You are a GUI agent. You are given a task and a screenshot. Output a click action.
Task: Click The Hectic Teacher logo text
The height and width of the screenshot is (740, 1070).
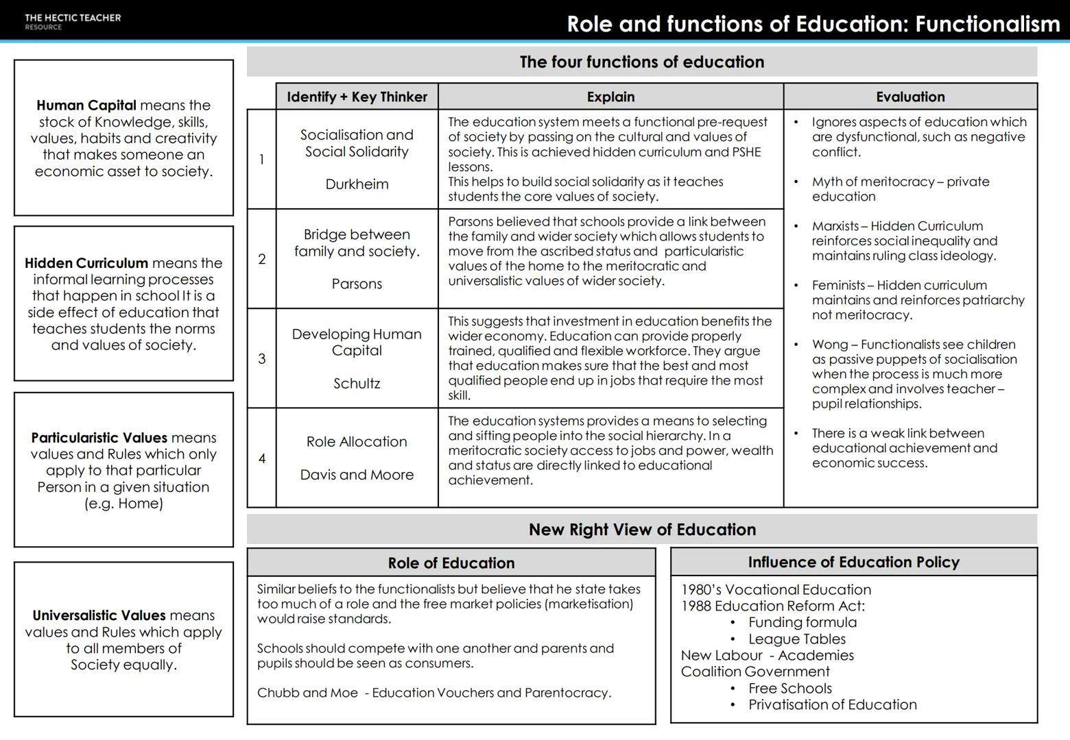tap(72, 18)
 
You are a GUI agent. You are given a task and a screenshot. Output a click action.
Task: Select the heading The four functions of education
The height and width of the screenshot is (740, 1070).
tap(641, 62)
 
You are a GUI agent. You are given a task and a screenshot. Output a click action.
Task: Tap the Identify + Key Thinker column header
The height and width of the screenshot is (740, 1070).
tap(357, 97)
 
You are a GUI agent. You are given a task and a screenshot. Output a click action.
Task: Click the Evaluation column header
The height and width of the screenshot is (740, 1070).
tap(909, 97)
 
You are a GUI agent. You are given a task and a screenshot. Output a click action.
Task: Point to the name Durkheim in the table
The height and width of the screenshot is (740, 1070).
tap(357, 184)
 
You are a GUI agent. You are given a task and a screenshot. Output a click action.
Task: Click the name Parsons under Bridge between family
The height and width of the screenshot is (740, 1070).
tap(357, 284)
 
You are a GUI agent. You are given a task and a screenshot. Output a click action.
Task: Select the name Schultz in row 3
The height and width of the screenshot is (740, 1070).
tap(357, 384)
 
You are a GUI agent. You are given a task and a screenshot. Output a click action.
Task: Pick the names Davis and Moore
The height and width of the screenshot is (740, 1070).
tap(357, 475)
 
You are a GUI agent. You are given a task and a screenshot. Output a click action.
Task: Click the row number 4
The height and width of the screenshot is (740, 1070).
tap(261, 458)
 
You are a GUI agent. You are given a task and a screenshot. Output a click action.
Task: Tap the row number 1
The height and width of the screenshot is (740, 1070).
tap(261, 160)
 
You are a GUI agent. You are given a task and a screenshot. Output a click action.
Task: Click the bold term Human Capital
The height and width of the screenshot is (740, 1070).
tap(86, 106)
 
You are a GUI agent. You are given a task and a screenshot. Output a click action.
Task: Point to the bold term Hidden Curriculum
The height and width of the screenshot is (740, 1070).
tap(86, 263)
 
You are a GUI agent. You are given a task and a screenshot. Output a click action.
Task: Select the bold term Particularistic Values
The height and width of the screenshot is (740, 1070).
tap(99, 438)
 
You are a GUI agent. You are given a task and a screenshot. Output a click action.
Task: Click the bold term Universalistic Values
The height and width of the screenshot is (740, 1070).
tap(99, 615)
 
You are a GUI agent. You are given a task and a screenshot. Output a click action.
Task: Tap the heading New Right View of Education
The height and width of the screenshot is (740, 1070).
tap(641, 530)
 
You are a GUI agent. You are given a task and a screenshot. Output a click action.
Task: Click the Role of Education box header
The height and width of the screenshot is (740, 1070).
tap(451, 563)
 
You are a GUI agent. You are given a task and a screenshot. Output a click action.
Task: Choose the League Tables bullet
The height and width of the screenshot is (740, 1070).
tap(796, 639)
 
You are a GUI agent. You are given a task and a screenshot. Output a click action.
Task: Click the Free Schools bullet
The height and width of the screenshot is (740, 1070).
tap(789, 689)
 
